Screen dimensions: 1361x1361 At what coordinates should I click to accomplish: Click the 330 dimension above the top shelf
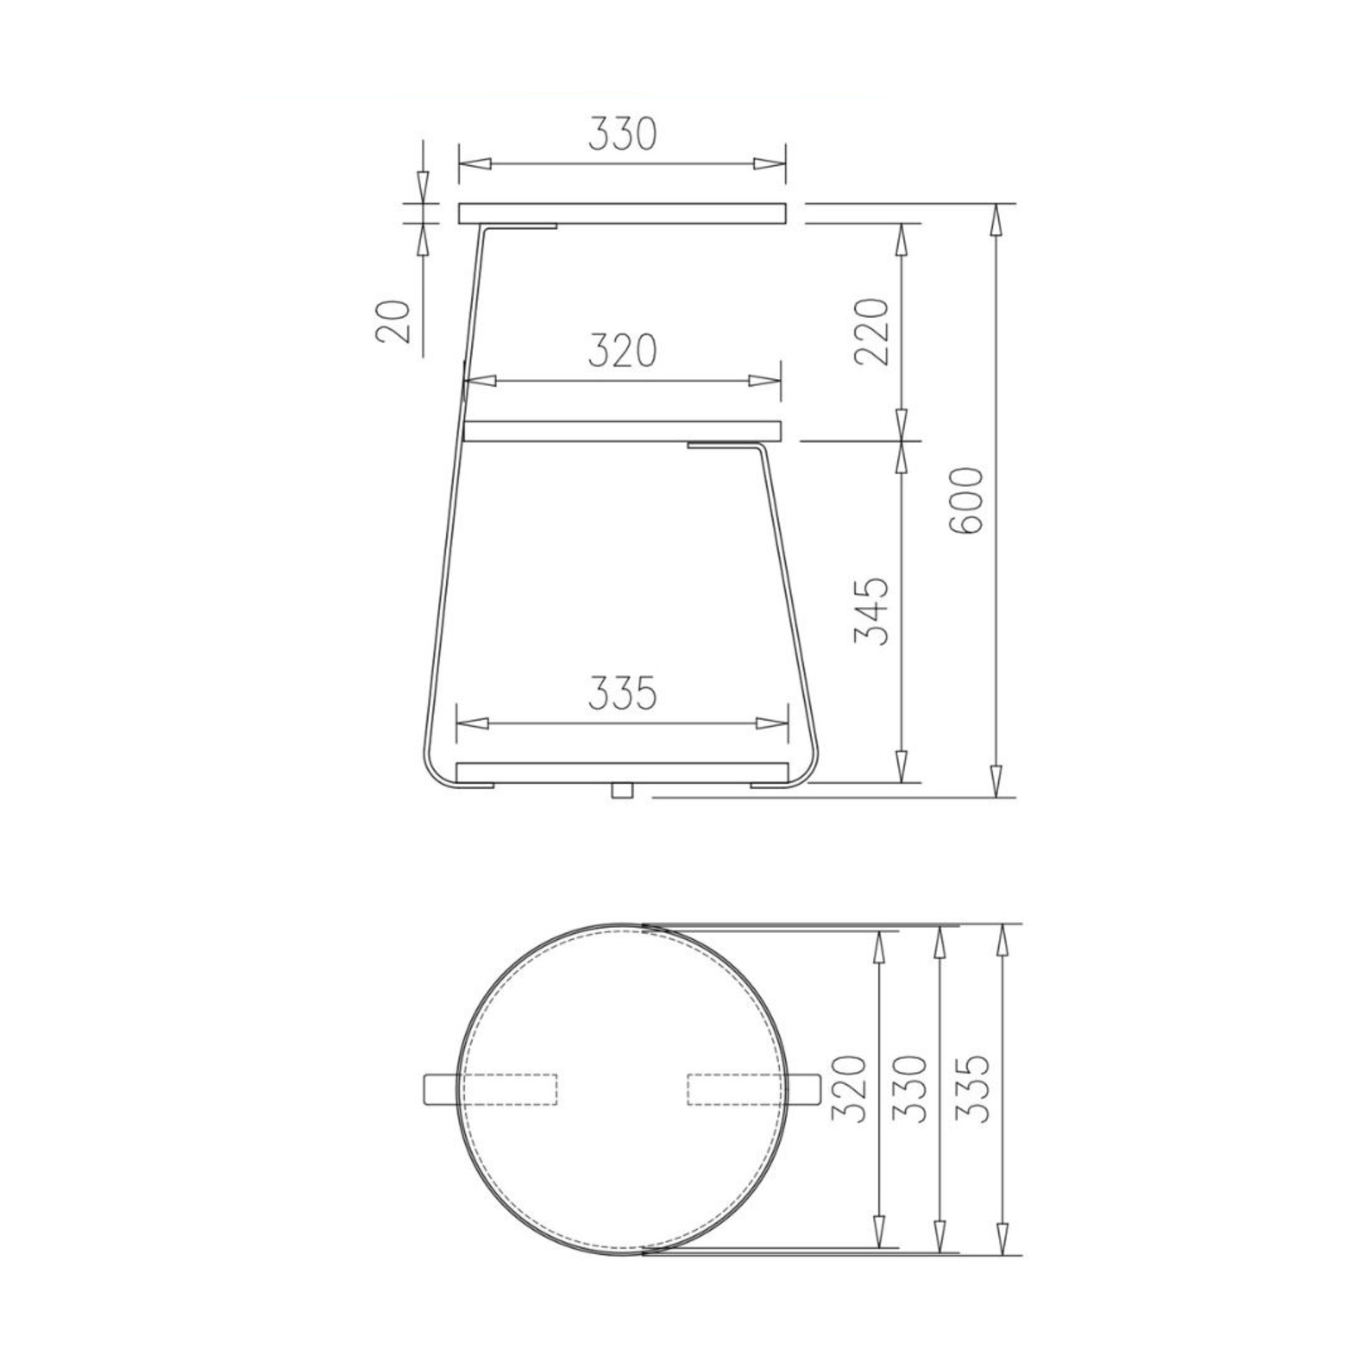pos(622,135)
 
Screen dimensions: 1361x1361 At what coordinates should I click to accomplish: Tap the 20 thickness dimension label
pos(393,320)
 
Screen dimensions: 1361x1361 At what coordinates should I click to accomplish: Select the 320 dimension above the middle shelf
pos(622,352)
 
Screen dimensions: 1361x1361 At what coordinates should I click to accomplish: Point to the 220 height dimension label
pos(871,331)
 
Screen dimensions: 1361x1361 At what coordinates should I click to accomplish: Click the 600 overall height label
pos(965,501)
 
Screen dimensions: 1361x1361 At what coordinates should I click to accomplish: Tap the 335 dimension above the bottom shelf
pos(622,693)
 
